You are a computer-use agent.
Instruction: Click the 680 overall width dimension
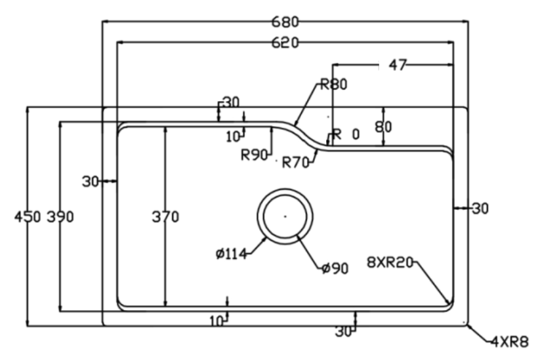click(x=285, y=22)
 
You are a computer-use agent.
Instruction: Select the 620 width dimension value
click(x=285, y=43)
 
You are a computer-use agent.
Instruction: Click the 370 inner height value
click(x=165, y=217)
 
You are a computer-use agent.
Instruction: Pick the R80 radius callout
click(x=333, y=84)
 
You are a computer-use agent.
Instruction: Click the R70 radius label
click(x=296, y=163)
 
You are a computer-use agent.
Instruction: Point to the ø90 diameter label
click(x=335, y=268)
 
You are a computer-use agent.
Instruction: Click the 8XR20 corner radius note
click(x=389, y=263)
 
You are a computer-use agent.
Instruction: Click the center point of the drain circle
click(x=285, y=216)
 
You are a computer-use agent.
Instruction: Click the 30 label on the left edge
click(x=90, y=181)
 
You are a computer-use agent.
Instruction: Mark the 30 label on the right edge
click(x=480, y=209)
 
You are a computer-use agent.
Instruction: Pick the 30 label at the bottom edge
click(x=344, y=332)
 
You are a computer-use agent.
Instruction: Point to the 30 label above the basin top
click(x=231, y=102)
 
